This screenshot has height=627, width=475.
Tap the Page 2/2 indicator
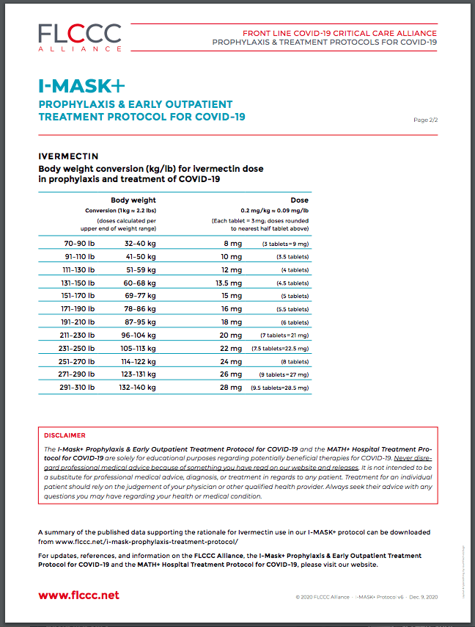coord(426,120)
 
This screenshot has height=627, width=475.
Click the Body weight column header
coord(133,200)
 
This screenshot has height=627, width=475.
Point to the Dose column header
coord(299,200)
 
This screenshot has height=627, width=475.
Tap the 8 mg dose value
coord(232,243)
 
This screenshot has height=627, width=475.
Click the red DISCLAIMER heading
coord(65,435)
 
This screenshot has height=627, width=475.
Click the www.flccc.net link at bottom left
coord(78,595)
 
